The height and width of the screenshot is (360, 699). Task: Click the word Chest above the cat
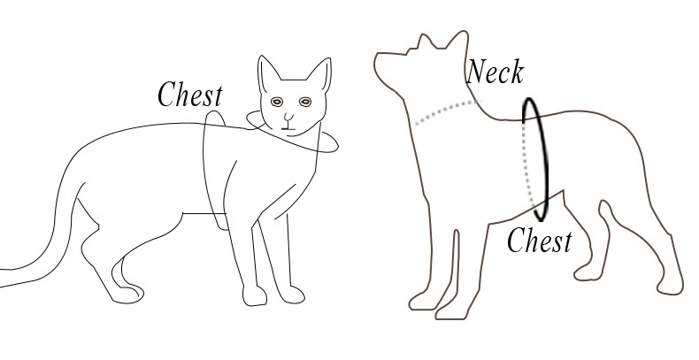coord(190,94)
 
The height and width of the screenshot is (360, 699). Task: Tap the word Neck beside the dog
coord(495,72)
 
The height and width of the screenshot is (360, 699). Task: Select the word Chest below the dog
coord(540,241)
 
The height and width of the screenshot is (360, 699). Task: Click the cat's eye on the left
coord(277,102)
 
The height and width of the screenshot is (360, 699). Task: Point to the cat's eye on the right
coord(305,102)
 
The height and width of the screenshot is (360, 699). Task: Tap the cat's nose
coord(288,118)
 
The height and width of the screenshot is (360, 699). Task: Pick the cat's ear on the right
coord(320,74)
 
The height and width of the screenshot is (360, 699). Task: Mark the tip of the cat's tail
coord(1,278)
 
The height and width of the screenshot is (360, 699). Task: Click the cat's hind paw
coord(127,295)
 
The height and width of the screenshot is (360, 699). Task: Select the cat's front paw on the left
coord(255,295)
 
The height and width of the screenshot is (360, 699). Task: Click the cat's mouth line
coord(288,128)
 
